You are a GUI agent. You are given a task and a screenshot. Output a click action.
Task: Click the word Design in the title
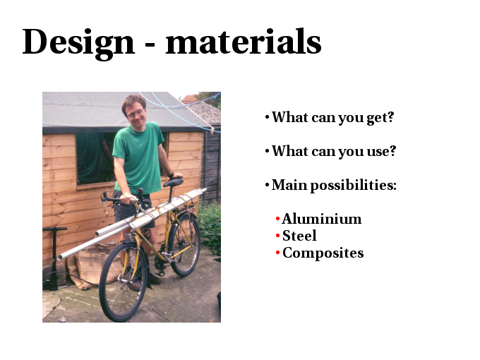(78, 43)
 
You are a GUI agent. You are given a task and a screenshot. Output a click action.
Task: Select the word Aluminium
(322, 219)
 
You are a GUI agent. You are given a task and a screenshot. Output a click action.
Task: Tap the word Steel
(299, 235)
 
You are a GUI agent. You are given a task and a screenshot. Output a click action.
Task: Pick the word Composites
(323, 253)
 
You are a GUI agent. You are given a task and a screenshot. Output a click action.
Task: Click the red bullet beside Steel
(277, 236)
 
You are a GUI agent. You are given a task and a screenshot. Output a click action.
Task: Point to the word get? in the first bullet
(380, 118)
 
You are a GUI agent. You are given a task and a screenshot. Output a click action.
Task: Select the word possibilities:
(354, 186)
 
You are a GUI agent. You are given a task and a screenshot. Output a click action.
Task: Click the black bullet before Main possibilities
(268, 185)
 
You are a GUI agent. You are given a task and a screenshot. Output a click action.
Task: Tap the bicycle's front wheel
(124, 282)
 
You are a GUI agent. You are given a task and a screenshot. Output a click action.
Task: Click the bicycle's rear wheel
(184, 244)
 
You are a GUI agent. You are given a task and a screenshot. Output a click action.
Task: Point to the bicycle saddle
(173, 182)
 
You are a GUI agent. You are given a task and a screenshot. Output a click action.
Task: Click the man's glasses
(136, 114)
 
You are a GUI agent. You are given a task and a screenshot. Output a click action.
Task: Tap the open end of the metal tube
(60, 257)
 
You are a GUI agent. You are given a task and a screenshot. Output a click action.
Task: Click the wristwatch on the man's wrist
(171, 175)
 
